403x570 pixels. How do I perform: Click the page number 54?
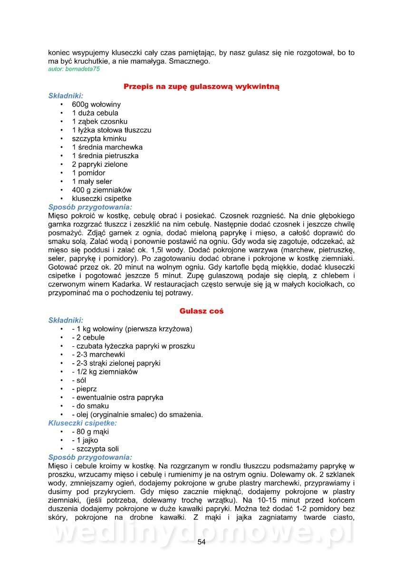point(201,542)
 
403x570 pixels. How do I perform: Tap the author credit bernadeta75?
point(74,69)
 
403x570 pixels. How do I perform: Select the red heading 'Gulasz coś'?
point(201,311)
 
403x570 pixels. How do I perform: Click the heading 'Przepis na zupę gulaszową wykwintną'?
point(201,86)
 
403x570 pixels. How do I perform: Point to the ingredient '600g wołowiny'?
point(96,104)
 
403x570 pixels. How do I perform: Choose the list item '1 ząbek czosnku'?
point(100,122)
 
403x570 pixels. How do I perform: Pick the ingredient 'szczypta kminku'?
point(99,139)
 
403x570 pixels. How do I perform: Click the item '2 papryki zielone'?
point(100,164)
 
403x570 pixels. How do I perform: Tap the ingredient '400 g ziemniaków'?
point(102,190)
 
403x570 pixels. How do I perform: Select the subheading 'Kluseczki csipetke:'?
point(83,423)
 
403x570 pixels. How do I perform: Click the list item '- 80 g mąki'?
point(90,432)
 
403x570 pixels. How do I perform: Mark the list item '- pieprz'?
point(84,389)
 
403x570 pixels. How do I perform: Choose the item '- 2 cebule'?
point(88,338)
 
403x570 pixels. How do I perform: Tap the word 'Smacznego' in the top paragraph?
point(189,62)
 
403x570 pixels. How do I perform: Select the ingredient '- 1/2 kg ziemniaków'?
point(105,372)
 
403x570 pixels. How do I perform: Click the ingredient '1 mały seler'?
point(92,181)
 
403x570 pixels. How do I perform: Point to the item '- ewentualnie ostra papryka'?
point(117,398)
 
